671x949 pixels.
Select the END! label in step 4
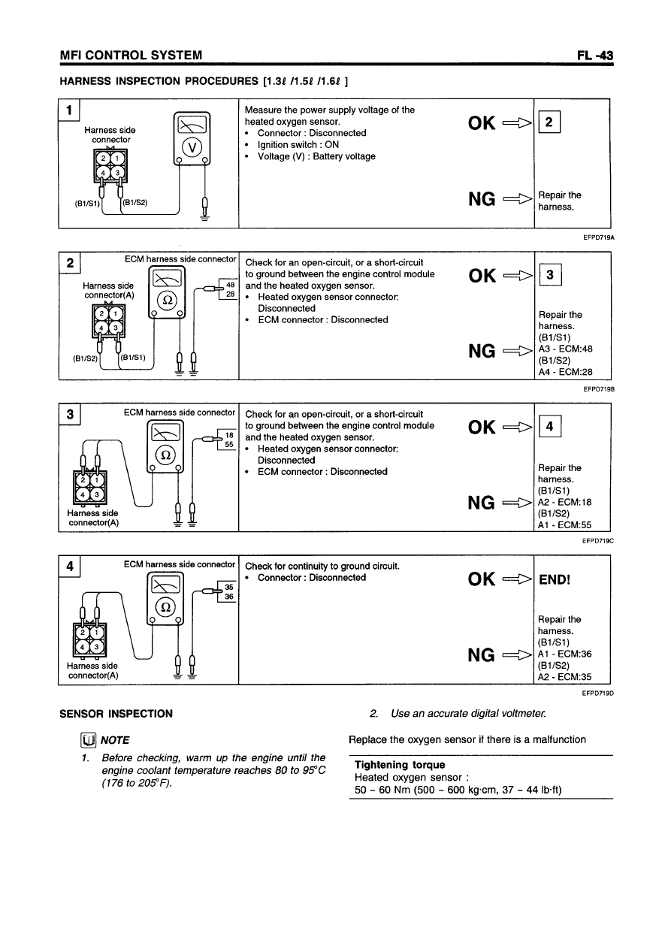pos(555,579)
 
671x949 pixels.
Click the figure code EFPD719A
pos(598,237)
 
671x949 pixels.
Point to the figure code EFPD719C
pos(598,539)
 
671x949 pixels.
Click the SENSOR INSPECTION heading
pos(116,714)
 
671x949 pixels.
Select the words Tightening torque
pos(389,765)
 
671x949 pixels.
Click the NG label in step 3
pos(482,502)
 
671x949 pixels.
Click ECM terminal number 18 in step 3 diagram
pos(231,435)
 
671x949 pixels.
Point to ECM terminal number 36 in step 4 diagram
pos(230,597)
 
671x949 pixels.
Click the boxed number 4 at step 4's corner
pos(69,566)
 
